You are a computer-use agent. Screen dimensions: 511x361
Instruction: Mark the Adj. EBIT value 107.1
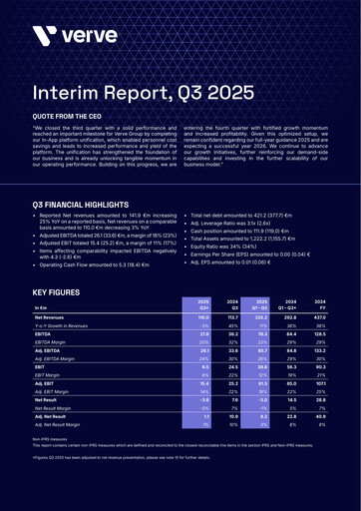(293, 355)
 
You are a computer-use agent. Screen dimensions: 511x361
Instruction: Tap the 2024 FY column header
(294, 278)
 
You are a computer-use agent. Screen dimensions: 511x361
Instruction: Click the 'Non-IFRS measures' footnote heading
(50, 410)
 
